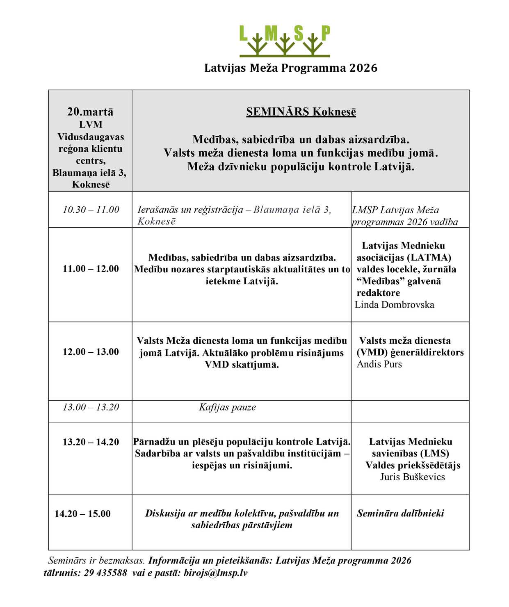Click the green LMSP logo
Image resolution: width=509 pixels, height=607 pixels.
pyautogui.click(x=285, y=41)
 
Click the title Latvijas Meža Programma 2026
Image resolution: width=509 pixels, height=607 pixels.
pyautogui.click(x=291, y=68)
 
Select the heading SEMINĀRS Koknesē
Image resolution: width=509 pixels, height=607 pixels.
pyautogui.click(x=301, y=112)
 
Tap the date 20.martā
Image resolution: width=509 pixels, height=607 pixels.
pyautogui.click(x=90, y=112)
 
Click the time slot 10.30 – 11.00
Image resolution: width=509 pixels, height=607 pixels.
pyautogui.click(x=91, y=210)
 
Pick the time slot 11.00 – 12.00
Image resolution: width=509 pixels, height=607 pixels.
pyautogui.click(x=91, y=269)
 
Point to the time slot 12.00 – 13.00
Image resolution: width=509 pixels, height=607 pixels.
pyautogui.click(x=91, y=352)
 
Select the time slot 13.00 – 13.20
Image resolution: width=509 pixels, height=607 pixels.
pyautogui.click(x=91, y=407)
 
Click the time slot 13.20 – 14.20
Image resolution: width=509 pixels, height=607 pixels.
pyautogui.click(x=91, y=442)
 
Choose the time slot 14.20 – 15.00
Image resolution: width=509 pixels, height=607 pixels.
pyautogui.click(x=82, y=514)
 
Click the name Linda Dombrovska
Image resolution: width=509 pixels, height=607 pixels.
pyautogui.click(x=394, y=305)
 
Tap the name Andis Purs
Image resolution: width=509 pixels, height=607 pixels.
pyautogui.click(x=379, y=364)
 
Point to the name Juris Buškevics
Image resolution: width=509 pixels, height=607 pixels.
pyautogui.click(x=412, y=477)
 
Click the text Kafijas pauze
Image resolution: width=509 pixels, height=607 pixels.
pyautogui.click(x=228, y=407)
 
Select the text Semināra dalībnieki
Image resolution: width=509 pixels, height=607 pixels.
pyautogui.click(x=400, y=513)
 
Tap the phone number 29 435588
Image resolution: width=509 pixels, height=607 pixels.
pyautogui.click(x=105, y=573)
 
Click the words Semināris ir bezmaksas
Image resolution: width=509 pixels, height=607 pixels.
pyautogui.click(x=96, y=561)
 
